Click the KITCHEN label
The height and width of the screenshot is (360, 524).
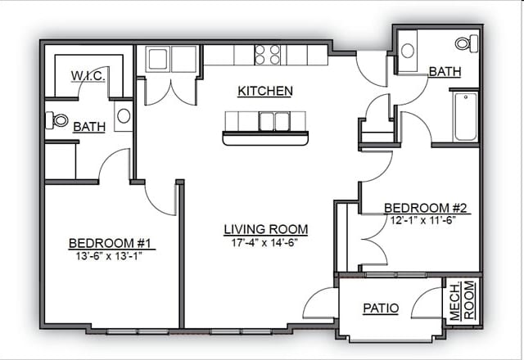pos(265,91)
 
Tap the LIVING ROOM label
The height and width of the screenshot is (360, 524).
pos(265,229)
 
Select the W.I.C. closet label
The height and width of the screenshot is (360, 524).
pos(88,75)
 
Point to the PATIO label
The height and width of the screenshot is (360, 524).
pos(381,308)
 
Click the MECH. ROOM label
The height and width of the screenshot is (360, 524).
pos(462,301)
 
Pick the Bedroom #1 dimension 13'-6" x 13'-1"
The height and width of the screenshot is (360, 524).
pos(109,256)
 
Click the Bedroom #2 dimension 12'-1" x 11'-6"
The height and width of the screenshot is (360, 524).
pos(423,220)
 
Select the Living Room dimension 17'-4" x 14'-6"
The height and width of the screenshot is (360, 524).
pos(264,243)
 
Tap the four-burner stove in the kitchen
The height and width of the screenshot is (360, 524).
pos(267,55)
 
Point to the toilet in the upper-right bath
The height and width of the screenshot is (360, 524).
pos(467,43)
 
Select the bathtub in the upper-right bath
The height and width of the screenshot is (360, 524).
pos(465,116)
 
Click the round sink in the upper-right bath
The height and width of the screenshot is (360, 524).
pos(408,51)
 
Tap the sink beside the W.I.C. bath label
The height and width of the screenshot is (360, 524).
pos(124,116)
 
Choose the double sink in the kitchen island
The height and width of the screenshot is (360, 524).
pos(273,121)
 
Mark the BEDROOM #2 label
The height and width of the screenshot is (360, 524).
pos(426,208)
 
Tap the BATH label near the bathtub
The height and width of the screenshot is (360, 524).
pos(445,71)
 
